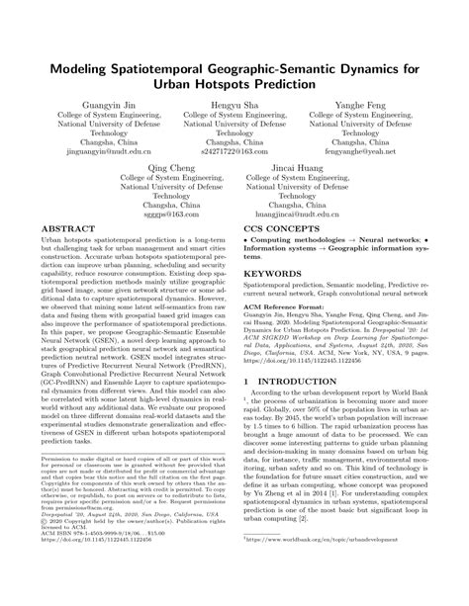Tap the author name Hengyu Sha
234,102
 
